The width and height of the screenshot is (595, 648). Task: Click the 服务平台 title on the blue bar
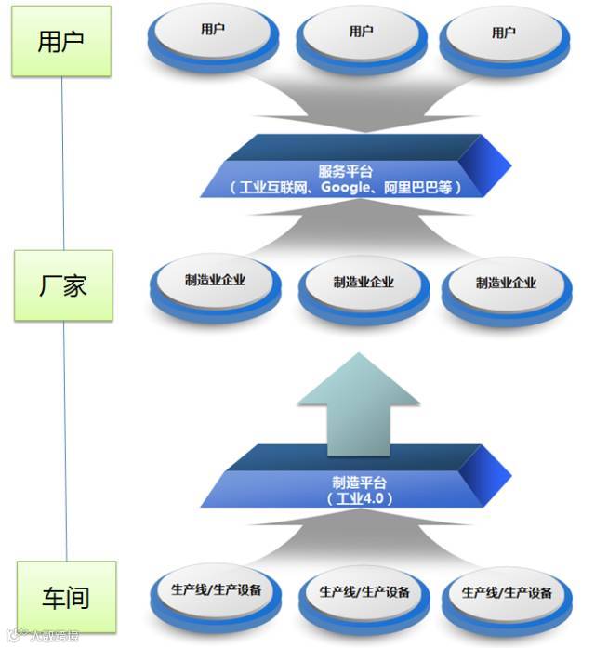pyautogui.click(x=346, y=171)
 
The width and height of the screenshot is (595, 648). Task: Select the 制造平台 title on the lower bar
pyautogui.click(x=359, y=483)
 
